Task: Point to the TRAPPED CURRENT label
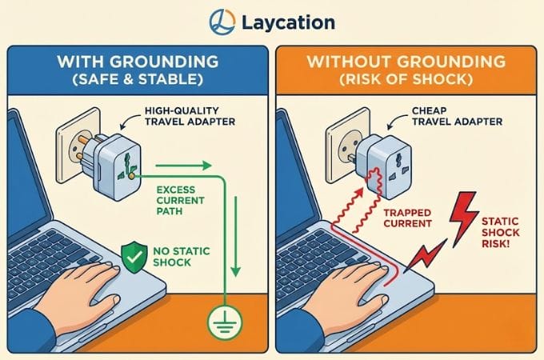(x=408, y=218)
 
